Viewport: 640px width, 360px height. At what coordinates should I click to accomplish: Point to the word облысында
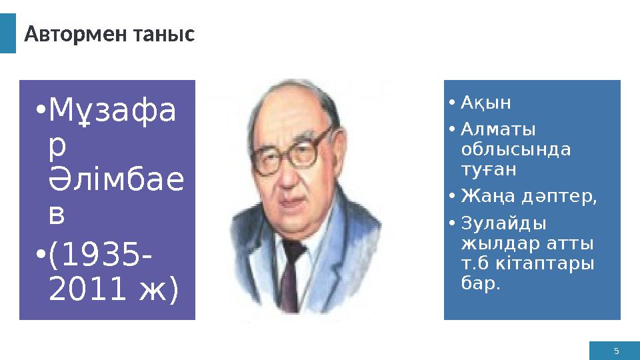pyautogui.click(x=516, y=149)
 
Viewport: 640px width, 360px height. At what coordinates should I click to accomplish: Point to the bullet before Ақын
pyautogui.click(x=451, y=104)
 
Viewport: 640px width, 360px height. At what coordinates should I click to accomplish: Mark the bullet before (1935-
pyautogui.click(x=41, y=255)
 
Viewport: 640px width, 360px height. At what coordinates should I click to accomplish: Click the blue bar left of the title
pyautogui.click(x=7, y=33)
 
